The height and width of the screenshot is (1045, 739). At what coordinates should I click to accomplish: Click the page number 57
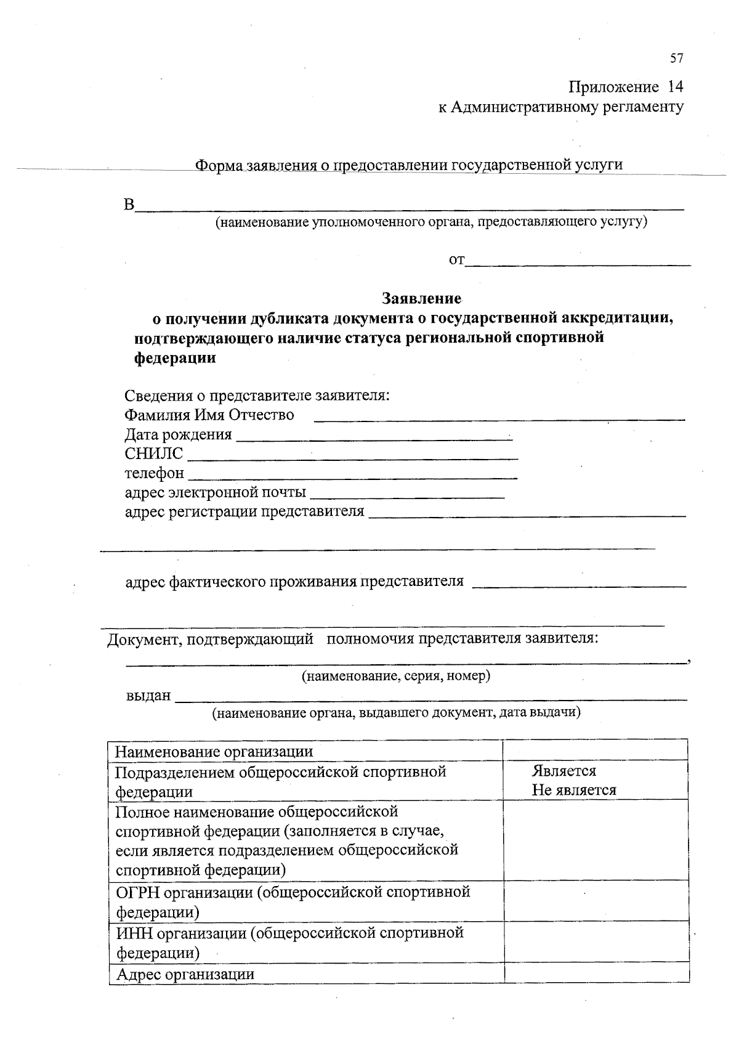click(x=676, y=59)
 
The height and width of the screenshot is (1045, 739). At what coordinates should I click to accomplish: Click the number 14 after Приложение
click(x=675, y=87)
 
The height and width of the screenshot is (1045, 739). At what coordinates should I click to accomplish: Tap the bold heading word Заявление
click(x=422, y=299)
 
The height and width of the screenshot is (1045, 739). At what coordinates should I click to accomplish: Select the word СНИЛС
click(x=154, y=454)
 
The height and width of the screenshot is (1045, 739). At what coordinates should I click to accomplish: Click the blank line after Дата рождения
click(x=374, y=437)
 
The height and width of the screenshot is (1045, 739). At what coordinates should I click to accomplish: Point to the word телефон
click(x=154, y=473)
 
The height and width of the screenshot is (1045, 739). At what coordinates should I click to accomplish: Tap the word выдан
click(x=148, y=696)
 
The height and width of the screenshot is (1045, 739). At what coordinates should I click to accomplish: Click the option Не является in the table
click(x=574, y=791)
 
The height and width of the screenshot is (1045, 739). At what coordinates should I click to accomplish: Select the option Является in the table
click(x=564, y=771)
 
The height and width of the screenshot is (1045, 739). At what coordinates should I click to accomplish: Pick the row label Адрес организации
click(x=185, y=974)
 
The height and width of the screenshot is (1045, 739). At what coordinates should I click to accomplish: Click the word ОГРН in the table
click(x=135, y=892)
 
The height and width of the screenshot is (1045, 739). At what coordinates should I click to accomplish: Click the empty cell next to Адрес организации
click(x=596, y=974)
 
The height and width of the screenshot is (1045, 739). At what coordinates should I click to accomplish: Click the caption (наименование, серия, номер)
click(x=395, y=677)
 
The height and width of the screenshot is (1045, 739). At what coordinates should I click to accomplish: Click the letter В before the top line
click(x=129, y=205)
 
